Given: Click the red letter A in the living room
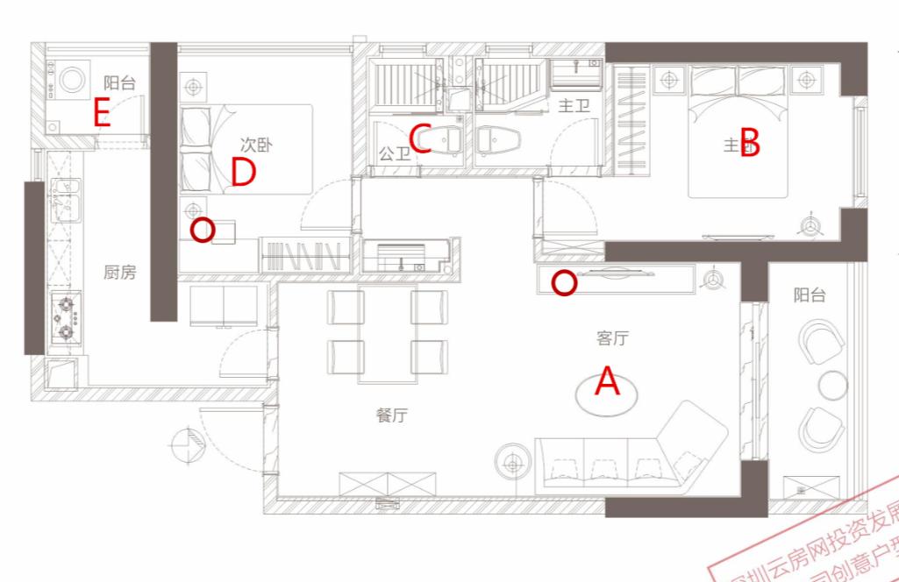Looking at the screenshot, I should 608,382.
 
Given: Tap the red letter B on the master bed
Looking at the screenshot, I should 749,141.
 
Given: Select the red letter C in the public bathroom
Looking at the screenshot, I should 421,139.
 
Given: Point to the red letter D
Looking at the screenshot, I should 243,173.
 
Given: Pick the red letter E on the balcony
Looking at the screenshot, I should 102,113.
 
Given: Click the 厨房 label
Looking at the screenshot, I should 119,273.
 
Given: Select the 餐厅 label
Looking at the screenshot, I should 392,415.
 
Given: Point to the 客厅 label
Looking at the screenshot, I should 612,337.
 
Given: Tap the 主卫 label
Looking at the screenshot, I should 574,106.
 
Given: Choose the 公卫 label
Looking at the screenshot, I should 394,154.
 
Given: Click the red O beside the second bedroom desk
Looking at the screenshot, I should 203,231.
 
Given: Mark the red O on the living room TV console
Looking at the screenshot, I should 565,283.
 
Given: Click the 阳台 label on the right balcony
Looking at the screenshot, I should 810,295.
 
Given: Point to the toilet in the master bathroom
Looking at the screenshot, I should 498,139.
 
